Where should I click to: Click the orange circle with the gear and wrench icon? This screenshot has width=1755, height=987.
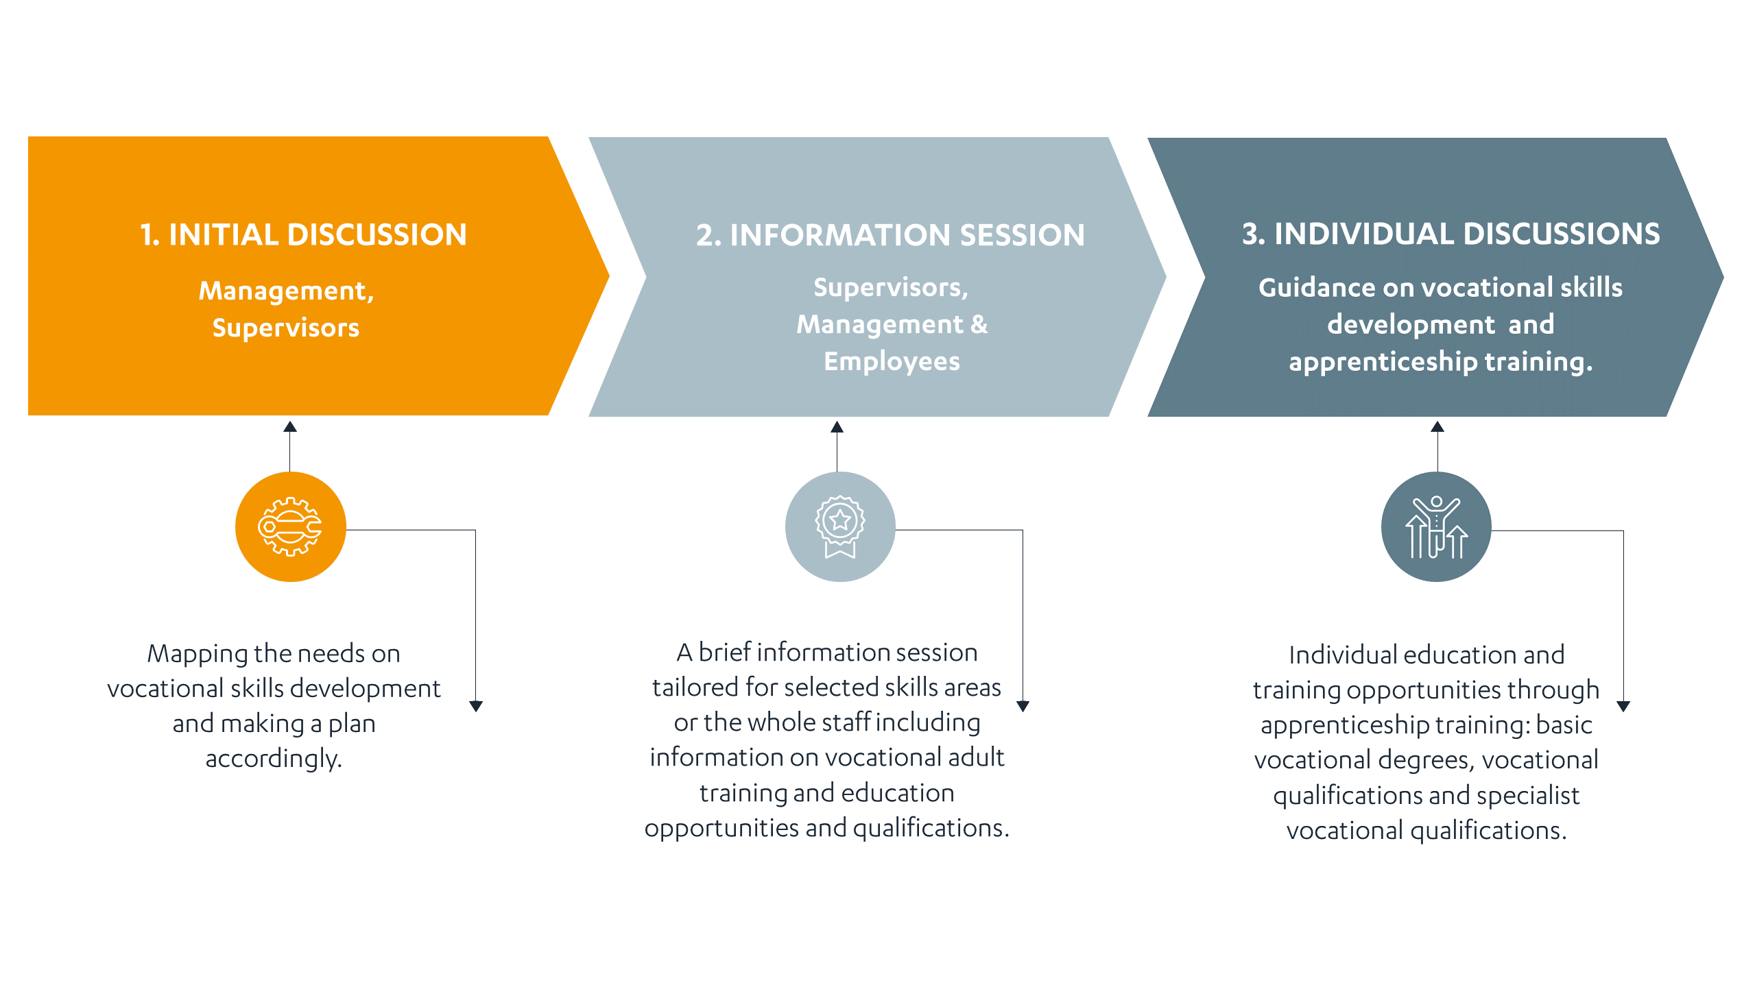coord(290,526)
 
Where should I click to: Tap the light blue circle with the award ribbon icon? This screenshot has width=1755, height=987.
coord(840,526)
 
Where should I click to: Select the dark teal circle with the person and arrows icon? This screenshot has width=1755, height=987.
coord(1436,526)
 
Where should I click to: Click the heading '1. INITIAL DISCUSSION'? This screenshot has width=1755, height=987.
coord(303,234)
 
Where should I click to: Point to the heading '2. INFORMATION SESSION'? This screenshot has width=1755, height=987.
coord(890,235)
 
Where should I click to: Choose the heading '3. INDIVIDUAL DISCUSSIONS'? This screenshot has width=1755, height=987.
coord(1450,234)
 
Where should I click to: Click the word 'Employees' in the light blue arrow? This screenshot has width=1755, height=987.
coord(892,361)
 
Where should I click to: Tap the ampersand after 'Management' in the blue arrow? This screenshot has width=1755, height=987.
coord(979,324)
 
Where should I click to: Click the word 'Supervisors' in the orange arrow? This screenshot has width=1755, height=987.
coord(285,328)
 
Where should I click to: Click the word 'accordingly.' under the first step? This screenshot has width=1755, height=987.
coord(274,759)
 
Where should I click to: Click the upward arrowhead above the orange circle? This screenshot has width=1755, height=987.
coord(290,427)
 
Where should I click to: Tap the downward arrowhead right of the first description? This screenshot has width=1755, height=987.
coord(476,706)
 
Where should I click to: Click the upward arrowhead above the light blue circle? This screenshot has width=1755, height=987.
coord(837,427)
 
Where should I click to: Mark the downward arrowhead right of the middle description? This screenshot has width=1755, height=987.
coord(1023,706)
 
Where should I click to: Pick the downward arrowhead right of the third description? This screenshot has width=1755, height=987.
coord(1623,706)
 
